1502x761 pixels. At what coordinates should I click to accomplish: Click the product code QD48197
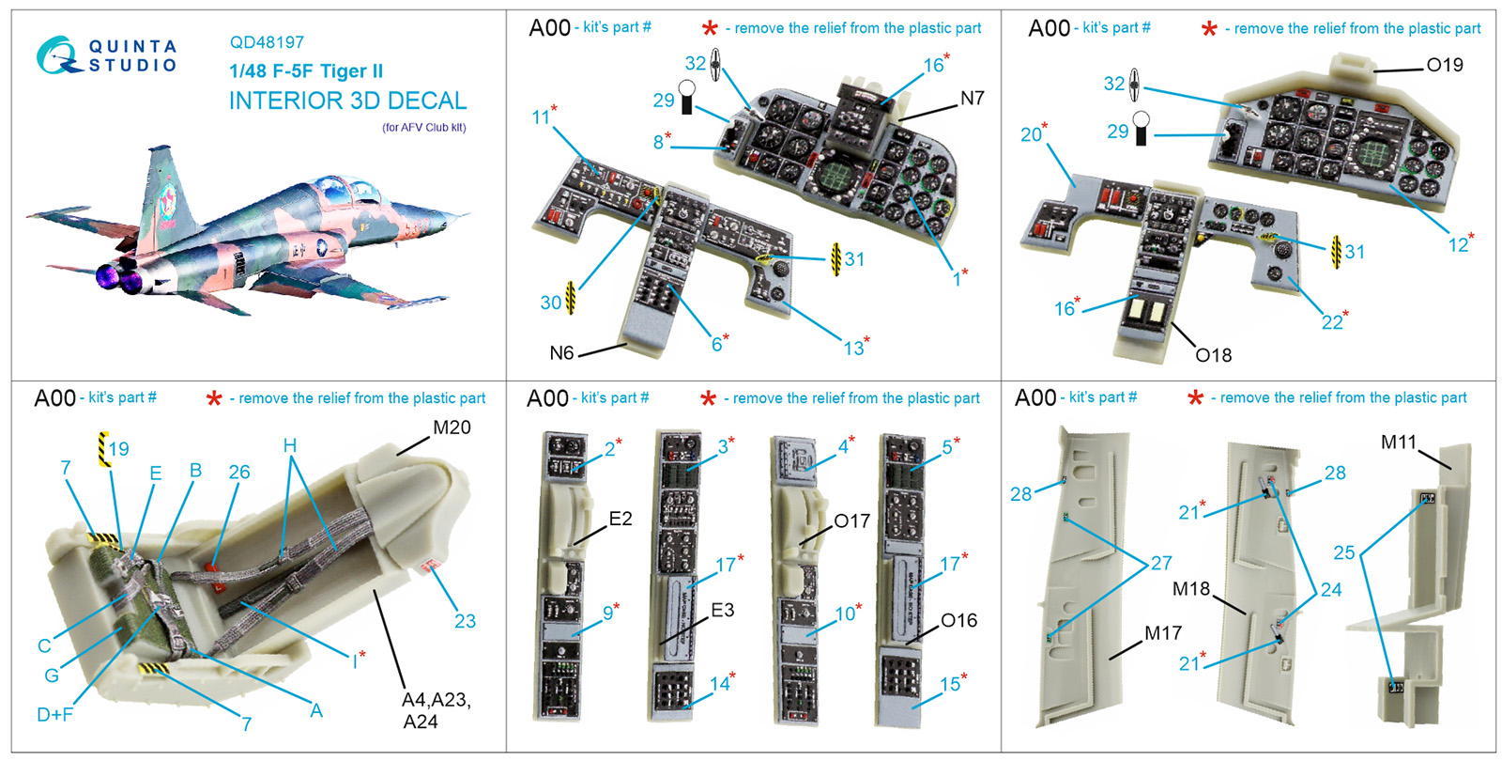tap(267, 42)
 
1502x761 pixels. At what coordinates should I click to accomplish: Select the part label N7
tap(972, 99)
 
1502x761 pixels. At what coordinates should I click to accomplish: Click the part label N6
tap(561, 353)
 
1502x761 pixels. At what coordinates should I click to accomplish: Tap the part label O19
tap(1444, 65)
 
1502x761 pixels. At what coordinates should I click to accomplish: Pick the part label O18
tap(1213, 355)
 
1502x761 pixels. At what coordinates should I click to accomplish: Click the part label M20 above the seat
tap(452, 427)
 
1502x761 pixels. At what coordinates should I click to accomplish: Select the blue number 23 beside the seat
tap(465, 621)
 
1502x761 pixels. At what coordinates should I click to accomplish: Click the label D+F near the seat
tap(55, 715)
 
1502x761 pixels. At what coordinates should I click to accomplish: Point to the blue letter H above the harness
tap(290, 445)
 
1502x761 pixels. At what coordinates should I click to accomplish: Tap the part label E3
tap(722, 611)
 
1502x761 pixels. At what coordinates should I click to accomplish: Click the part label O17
tap(851, 521)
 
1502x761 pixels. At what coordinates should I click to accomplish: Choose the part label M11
tap(1398, 442)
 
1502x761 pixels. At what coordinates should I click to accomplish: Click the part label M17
tap(1162, 633)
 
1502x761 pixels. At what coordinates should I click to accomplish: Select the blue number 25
tap(1344, 552)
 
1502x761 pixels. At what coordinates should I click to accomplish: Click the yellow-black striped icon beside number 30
tap(570, 298)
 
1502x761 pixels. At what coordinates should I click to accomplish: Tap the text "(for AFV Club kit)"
tap(423, 128)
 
